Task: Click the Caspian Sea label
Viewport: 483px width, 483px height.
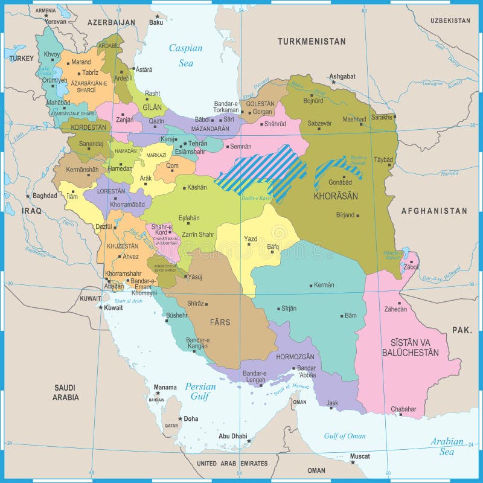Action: pyautogui.click(x=185, y=55)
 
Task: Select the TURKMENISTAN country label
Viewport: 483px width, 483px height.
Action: pyautogui.click(x=312, y=42)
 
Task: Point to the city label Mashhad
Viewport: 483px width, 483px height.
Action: pyautogui.click(x=354, y=120)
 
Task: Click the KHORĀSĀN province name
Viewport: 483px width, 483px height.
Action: pyautogui.click(x=336, y=196)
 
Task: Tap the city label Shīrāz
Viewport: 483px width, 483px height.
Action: pyautogui.click(x=196, y=304)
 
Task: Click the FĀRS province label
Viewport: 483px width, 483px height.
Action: pyautogui.click(x=220, y=322)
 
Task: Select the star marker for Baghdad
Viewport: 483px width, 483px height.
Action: pyautogui.click(x=28, y=196)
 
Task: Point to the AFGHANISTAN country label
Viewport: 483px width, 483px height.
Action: pyautogui.click(x=434, y=211)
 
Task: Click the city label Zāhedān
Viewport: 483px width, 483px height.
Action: pyautogui.click(x=397, y=309)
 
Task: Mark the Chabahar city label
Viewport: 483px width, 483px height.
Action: pyautogui.click(x=403, y=409)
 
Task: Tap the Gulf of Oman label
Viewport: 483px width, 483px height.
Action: pyautogui.click(x=345, y=436)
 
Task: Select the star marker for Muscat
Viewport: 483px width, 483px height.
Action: pyautogui.click(x=353, y=462)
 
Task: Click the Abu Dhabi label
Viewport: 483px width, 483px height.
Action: pyautogui.click(x=233, y=436)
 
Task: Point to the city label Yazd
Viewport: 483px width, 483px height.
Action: pyautogui.click(x=250, y=239)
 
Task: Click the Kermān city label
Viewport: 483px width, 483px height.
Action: pyautogui.click(x=324, y=285)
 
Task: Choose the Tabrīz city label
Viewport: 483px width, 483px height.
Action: pyautogui.click(x=90, y=72)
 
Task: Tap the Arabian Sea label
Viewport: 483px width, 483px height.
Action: pyautogui.click(x=447, y=446)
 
